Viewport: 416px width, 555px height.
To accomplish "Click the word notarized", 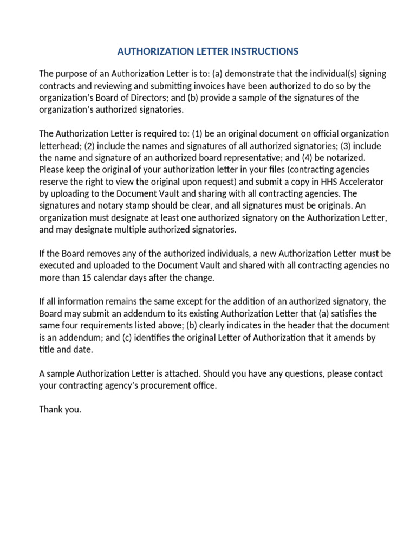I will pos(348,157).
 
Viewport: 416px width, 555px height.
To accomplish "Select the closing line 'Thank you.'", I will pos(60,409).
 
